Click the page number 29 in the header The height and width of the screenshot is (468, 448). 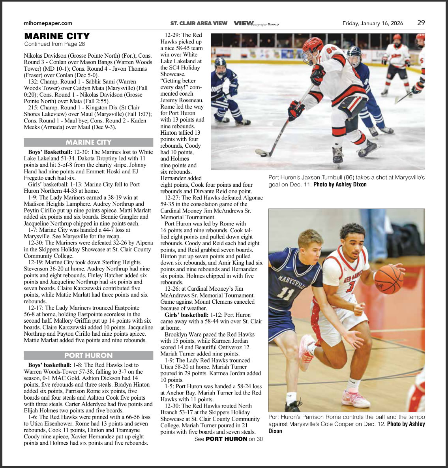coord(421,23)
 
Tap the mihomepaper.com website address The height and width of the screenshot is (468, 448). coord(48,23)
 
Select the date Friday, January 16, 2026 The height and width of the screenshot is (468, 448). coord(373,23)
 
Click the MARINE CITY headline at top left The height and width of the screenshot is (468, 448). coord(57,36)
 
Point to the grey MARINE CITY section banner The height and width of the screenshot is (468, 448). coord(88,142)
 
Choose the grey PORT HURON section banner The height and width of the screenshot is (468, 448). coord(88,355)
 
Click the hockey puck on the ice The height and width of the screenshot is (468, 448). coord(260,152)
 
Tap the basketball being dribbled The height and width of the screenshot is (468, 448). coord(389,279)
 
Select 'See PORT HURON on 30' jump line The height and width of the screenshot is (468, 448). coord(229,439)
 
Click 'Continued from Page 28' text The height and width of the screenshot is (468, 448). coord(54,44)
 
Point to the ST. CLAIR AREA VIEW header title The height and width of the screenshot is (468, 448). coord(199,23)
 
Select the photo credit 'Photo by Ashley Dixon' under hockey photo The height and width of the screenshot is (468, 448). coord(340,184)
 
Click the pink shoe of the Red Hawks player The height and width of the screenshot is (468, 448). coord(355,398)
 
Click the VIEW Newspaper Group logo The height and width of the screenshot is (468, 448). coord(256,24)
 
